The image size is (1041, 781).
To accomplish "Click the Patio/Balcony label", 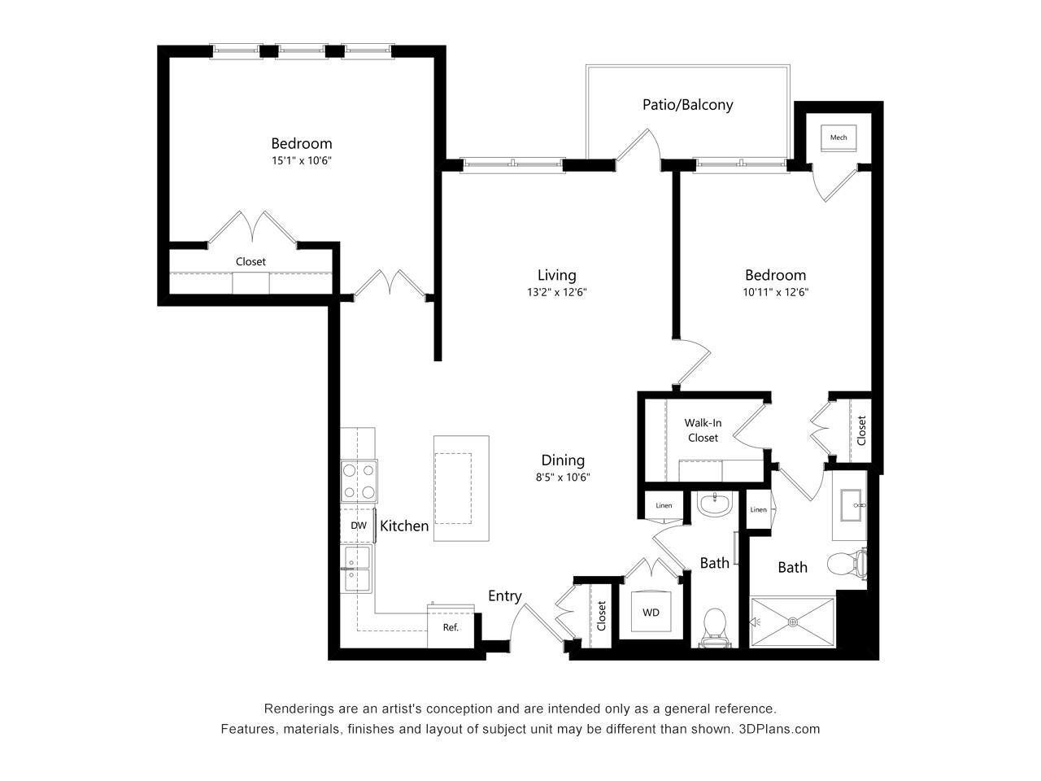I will tap(687, 104).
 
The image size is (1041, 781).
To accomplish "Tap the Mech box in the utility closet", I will tap(838, 137).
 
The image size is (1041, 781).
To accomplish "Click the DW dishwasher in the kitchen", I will tap(358, 526).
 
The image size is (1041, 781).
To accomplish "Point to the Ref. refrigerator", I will tap(451, 627).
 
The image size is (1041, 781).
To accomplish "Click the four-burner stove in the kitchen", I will tap(359, 481).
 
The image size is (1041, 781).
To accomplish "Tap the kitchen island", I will tap(461, 488).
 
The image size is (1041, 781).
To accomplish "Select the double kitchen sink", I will tap(357, 569).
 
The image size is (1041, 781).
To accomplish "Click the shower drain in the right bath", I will tap(793, 623).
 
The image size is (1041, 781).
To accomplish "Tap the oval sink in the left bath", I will tap(715, 504).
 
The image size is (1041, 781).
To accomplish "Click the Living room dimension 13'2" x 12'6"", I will tap(556, 292).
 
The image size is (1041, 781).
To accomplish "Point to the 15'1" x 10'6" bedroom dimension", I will tap(302, 160).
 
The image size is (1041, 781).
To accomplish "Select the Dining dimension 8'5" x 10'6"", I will tap(562, 478).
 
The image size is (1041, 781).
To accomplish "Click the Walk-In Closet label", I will tap(703, 430).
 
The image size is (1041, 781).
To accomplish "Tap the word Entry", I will tap(504, 596).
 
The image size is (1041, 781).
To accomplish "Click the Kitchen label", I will tap(404, 526).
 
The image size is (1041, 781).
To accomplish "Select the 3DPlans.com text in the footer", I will tap(779, 729).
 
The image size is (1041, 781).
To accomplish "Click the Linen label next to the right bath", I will tap(758, 510).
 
